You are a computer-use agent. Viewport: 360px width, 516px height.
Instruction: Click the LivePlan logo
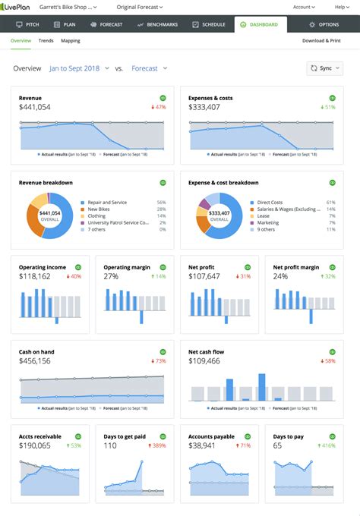[24, 7]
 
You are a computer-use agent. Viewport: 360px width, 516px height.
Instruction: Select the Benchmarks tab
[158, 24]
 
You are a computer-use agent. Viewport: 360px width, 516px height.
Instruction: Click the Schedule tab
[209, 24]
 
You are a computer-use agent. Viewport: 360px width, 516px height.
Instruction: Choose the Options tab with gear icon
[324, 24]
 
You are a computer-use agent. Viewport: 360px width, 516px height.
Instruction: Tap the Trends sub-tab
[46, 40]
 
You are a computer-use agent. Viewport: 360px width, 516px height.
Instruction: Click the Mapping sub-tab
[71, 40]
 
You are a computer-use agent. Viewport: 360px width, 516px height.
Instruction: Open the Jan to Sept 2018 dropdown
[79, 68]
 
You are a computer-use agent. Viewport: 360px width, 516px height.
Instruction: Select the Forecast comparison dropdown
[149, 68]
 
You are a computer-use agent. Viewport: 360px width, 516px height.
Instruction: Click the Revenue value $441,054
[35, 107]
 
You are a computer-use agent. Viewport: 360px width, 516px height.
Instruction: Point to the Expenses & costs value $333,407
[204, 107]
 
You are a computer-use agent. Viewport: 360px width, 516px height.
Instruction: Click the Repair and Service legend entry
[107, 203]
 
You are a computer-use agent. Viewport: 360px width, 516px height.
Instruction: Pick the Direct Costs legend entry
[270, 203]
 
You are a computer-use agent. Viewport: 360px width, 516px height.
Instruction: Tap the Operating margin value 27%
[111, 276]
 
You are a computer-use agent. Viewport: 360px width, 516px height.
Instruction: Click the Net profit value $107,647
[204, 276]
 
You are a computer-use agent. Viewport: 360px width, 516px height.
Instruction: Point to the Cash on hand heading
[36, 352]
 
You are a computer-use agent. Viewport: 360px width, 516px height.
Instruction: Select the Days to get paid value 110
[110, 445]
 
